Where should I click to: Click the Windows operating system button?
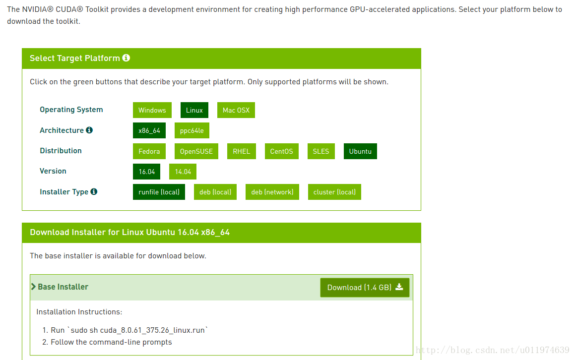pos(152,110)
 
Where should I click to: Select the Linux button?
pos(194,110)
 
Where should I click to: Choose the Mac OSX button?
pos(236,110)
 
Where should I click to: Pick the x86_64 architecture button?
pos(149,130)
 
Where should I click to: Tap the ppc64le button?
pos(192,130)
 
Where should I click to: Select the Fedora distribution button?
pos(149,151)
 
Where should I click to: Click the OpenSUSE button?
pos(196,151)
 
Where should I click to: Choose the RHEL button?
pos(241,151)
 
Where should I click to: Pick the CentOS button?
pos(282,151)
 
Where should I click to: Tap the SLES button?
pos(321,151)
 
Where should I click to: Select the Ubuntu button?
pos(360,151)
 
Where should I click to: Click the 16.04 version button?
pos(147,172)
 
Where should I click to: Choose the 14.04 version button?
pos(183,172)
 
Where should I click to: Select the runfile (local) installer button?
pos(159,192)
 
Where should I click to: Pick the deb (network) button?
pos(272,192)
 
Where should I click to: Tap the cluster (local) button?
pos(334,192)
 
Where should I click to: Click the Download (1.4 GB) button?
pos(365,288)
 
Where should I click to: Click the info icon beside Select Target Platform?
pos(126,58)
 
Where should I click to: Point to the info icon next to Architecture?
pos(89,130)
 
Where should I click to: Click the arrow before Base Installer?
pos(33,287)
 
